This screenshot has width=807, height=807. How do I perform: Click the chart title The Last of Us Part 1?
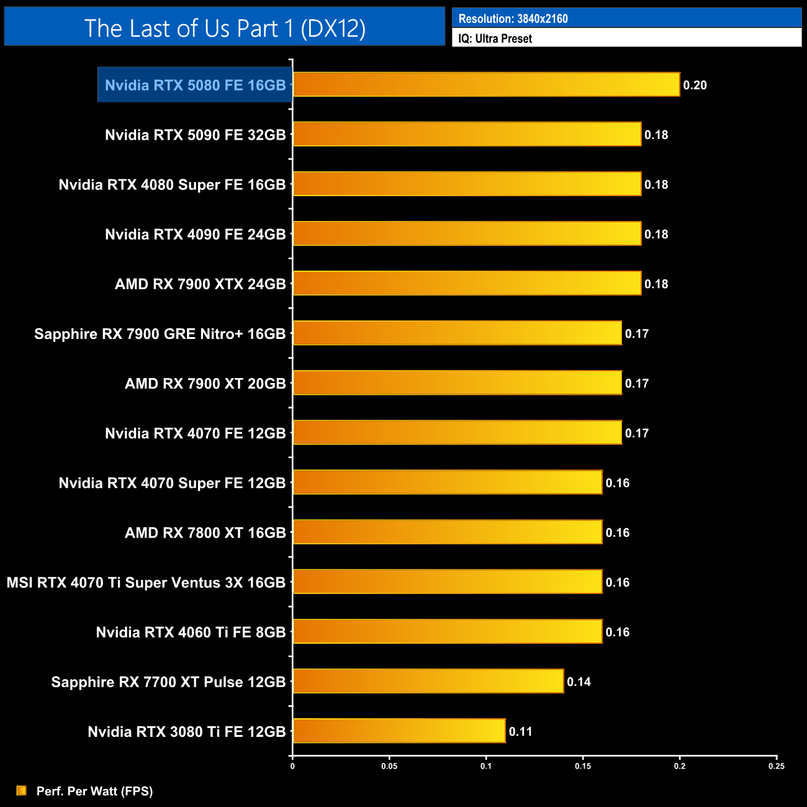coord(225,28)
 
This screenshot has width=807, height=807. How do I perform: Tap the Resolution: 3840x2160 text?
coord(513,19)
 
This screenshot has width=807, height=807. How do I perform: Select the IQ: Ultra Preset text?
coord(495,38)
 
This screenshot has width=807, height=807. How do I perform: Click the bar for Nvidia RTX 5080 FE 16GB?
coord(486,84)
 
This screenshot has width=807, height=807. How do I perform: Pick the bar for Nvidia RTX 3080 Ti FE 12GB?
coord(399,731)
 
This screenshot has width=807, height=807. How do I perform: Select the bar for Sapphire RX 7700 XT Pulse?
coord(428,681)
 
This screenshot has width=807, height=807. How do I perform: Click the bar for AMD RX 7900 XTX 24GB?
coord(467,283)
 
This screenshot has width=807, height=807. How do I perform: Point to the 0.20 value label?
coord(695,85)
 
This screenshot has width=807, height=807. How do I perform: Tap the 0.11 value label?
coord(520,731)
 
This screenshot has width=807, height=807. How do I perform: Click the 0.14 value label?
coord(579,682)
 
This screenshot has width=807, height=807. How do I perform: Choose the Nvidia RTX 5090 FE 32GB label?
coord(195,135)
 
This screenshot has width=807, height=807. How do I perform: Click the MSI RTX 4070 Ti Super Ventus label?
coord(146,582)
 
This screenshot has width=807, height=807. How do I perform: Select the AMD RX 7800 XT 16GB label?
coord(205,533)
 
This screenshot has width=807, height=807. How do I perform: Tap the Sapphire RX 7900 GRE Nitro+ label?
coord(160,334)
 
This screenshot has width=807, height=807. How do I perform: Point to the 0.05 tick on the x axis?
coord(389,766)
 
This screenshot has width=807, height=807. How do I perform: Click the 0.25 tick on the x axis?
coord(776,766)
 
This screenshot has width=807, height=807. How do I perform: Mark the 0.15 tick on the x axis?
coord(583,766)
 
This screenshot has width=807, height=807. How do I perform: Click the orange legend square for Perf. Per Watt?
coord(22,790)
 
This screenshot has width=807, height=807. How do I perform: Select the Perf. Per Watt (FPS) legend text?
coord(94,791)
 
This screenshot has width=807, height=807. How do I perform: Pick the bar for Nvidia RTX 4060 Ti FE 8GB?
coord(448,631)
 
